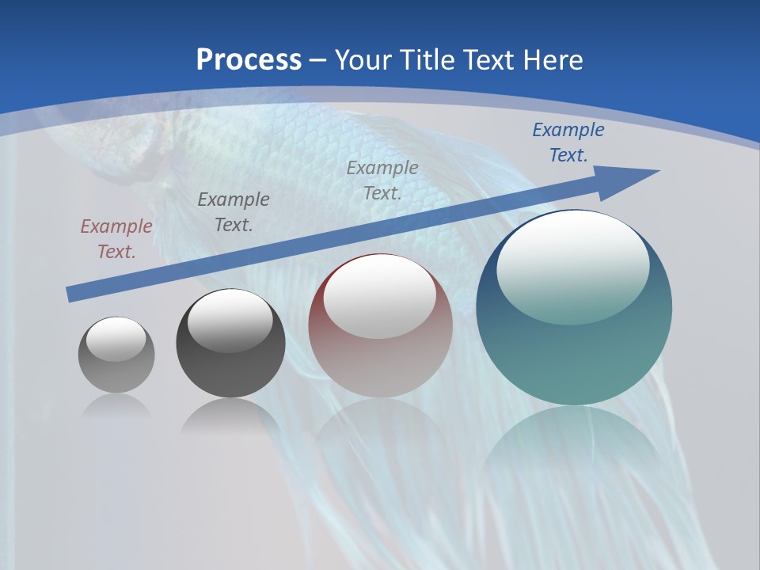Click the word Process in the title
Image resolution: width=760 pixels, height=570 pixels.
249,59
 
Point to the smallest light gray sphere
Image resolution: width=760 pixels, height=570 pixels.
116,355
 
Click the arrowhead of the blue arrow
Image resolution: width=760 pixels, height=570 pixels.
633,178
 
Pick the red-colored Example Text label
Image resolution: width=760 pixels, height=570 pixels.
116,239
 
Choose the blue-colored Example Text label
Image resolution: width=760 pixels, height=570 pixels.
568,142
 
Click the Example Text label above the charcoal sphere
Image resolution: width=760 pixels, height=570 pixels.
233,212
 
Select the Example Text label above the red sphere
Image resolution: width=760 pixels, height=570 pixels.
382,180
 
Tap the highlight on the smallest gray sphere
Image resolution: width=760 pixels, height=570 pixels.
116,339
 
